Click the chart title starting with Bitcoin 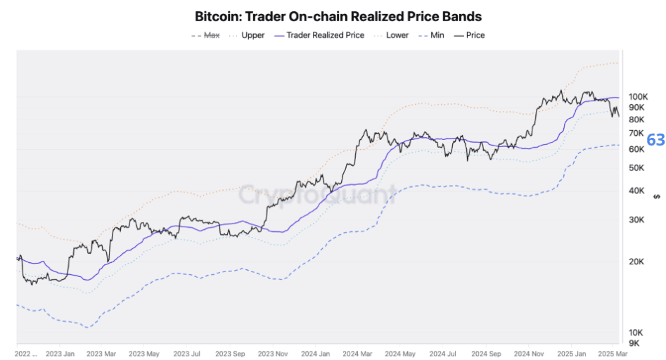click(x=338, y=15)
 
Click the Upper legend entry click(x=252, y=35)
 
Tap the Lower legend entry click(x=397, y=35)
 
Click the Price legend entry click(x=475, y=35)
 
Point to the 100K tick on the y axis click(x=638, y=96)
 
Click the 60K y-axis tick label click(x=636, y=149)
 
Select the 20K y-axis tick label click(x=636, y=262)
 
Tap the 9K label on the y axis click(x=634, y=343)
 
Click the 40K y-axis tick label click(x=636, y=191)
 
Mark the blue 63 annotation click(x=655, y=140)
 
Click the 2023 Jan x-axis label click(x=60, y=354)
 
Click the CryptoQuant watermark click(x=316, y=193)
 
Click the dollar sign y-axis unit click(x=655, y=195)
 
